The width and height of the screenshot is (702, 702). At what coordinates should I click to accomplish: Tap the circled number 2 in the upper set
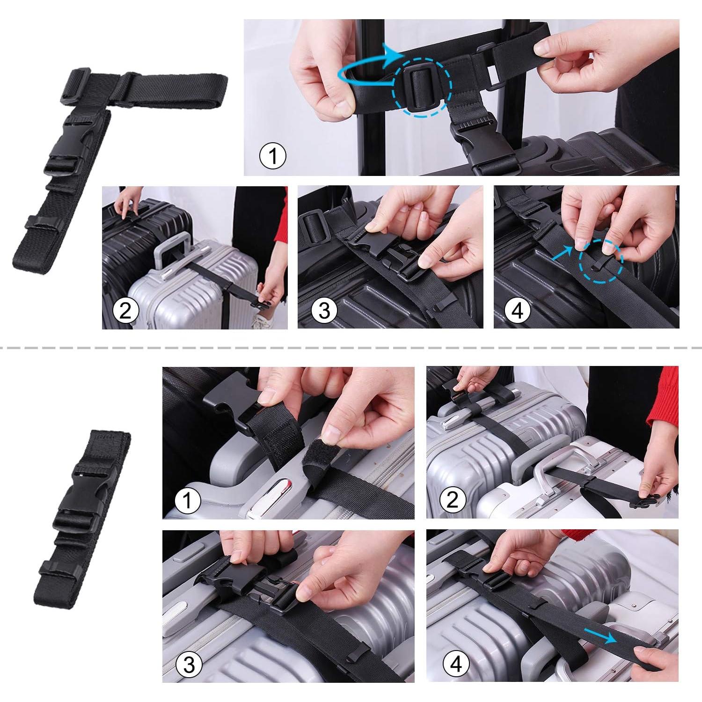coord(125,311)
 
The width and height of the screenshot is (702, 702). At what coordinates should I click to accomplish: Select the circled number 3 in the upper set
coord(324,311)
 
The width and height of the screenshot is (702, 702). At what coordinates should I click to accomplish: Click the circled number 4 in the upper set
coord(518,311)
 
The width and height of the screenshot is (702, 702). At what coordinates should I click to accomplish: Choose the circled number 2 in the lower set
coord(452,500)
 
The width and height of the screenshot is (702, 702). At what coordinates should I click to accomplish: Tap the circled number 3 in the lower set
coord(189,664)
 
